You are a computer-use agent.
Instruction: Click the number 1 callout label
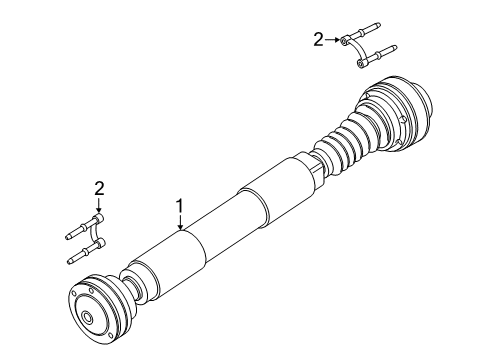point(180,207)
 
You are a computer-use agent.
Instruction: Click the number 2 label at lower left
point(99,187)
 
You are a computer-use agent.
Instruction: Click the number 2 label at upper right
point(318,39)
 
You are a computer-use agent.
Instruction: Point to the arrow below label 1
point(180,224)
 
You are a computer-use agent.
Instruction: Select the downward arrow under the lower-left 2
point(99,203)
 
